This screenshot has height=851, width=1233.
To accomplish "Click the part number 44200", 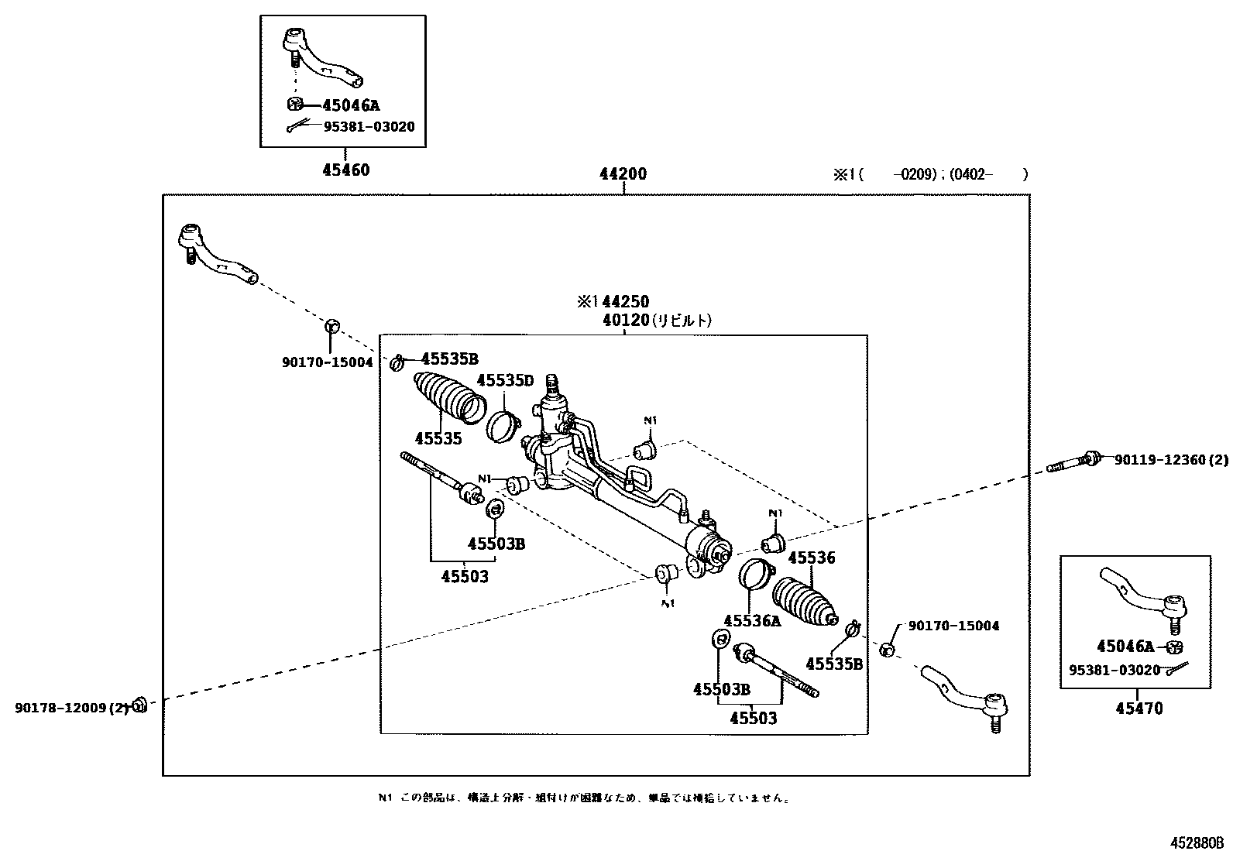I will (x=623, y=174).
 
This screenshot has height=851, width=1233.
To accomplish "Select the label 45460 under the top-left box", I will (x=345, y=170).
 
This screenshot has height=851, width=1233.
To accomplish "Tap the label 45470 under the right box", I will (x=1139, y=708).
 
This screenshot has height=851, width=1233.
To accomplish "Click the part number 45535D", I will (x=505, y=380).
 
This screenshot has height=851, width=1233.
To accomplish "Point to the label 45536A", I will (x=752, y=620).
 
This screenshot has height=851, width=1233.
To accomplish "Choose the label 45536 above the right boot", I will (x=812, y=558).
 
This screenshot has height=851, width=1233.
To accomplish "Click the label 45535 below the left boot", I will (x=438, y=439).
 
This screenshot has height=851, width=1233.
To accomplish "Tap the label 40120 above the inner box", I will (x=625, y=320).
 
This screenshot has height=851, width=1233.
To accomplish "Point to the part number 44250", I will (x=625, y=302).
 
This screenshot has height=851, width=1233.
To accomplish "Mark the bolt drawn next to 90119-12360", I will (x=1073, y=462).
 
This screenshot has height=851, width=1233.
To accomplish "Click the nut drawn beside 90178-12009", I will (x=139, y=704).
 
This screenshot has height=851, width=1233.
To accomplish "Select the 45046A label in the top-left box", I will (x=351, y=106).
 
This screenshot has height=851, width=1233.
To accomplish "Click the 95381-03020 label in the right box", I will (x=1115, y=670).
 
